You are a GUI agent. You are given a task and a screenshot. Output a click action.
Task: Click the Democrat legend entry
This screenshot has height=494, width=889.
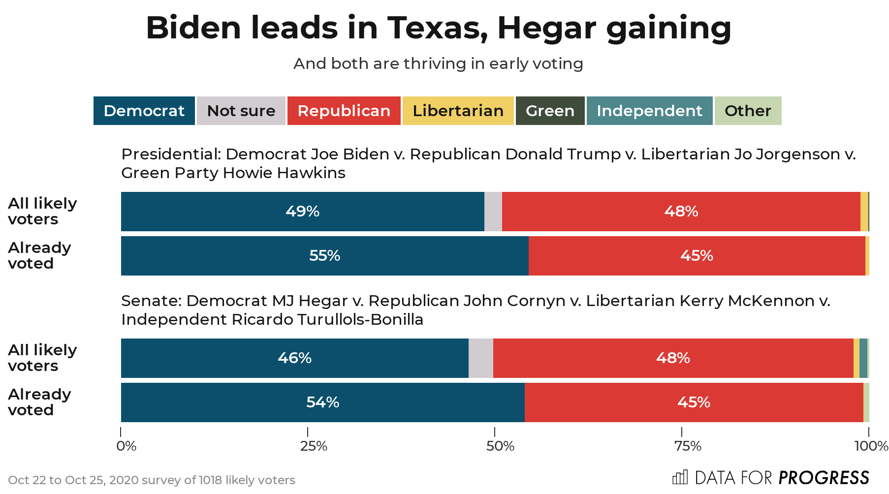pyautogui.click(x=144, y=111)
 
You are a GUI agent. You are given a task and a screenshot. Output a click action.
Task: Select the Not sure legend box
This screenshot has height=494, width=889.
pyautogui.click(x=241, y=111)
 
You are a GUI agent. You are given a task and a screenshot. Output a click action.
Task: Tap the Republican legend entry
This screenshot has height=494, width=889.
pyautogui.click(x=344, y=111)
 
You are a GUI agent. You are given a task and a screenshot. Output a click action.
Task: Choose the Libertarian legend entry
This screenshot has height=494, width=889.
pyautogui.click(x=458, y=111)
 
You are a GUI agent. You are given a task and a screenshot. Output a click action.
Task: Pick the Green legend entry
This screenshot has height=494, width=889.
pyautogui.click(x=550, y=111)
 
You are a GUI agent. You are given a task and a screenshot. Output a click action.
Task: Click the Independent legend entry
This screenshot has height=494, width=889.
pyautogui.click(x=649, y=111)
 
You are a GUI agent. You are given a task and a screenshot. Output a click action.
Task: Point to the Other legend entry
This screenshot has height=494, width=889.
pyautogui.click(x=748, y=111)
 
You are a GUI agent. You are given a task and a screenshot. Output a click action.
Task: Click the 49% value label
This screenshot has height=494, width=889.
pyautogui.click(x=302, y=212)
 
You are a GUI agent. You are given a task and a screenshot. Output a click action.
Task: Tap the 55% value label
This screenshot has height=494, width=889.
pyautogui.click(x=325, y=256)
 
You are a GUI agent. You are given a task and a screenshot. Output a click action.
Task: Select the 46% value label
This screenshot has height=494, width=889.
pyautogui.click(x=294, y=358)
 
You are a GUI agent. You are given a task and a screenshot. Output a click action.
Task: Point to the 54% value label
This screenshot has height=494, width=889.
pyautogui.click(x=323, y=402)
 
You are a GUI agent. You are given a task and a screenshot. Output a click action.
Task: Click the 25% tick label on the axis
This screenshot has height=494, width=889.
pyautogui.click(x=314, y=446)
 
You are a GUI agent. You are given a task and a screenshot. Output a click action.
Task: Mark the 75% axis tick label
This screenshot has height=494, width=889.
pyautogui.click(x=688, y=446)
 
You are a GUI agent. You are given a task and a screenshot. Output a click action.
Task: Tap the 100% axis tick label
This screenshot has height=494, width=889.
pyautogui.click(x=871, y=446)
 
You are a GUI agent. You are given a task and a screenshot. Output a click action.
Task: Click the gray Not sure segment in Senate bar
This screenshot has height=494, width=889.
pyautogui.click(x=480, y=358)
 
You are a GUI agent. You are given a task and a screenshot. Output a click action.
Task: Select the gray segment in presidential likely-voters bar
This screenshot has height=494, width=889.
pyautogui.click(x=493, y=212)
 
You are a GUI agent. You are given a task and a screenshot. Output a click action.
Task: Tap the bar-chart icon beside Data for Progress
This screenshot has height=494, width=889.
pyautogui.click(x=680, y=477)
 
